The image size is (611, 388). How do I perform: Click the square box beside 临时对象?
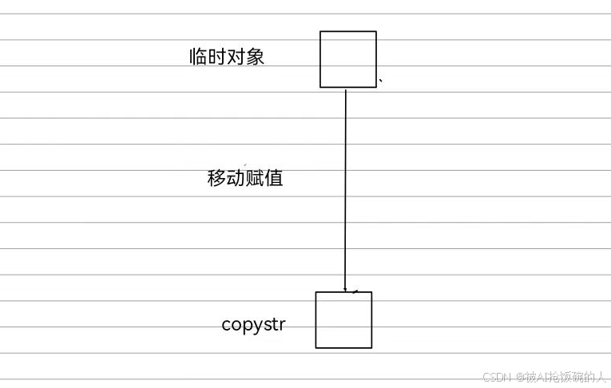(347, 59)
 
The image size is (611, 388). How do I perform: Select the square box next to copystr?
(343, 319)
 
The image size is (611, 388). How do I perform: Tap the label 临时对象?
(227, 57)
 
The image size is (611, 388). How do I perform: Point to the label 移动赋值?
(245, 178)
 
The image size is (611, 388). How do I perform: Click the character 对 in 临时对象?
(236, 57)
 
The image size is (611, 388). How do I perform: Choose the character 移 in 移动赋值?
(216, 178)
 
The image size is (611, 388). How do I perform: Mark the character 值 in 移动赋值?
(274, 178)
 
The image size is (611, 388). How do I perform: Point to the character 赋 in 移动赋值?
(255, 178)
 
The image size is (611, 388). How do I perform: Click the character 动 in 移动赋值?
(236, 178)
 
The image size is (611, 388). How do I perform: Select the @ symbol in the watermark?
(519, 377)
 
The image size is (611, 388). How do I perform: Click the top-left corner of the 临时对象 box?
(320, 31)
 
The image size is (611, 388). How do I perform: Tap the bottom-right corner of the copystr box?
(371, 348)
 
